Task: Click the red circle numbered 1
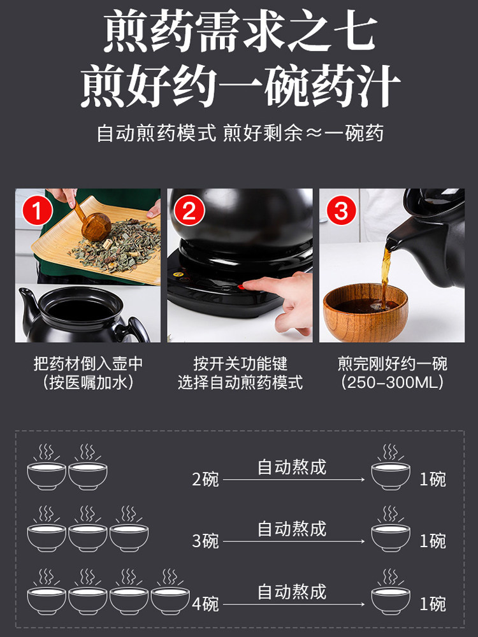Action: [x=37, y=211]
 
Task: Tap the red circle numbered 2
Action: [x=189, y=211]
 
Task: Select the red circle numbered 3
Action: [x=341, y=211]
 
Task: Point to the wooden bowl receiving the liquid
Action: [x=365, y=313]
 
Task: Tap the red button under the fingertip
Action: [x=241, y=287]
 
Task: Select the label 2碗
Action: [x=205, y=480]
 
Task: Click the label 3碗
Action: [x=205, y=541]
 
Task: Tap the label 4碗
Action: [x=205, y=604]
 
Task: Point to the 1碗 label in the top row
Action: [x=433, y=480]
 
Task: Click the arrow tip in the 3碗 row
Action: [x=363, y=541]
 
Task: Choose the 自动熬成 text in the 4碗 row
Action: [x=292, y=592]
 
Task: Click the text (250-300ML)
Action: [x=392, y=382]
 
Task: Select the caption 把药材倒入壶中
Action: [x=88, y=364]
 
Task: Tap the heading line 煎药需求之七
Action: [x=240, y=31]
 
